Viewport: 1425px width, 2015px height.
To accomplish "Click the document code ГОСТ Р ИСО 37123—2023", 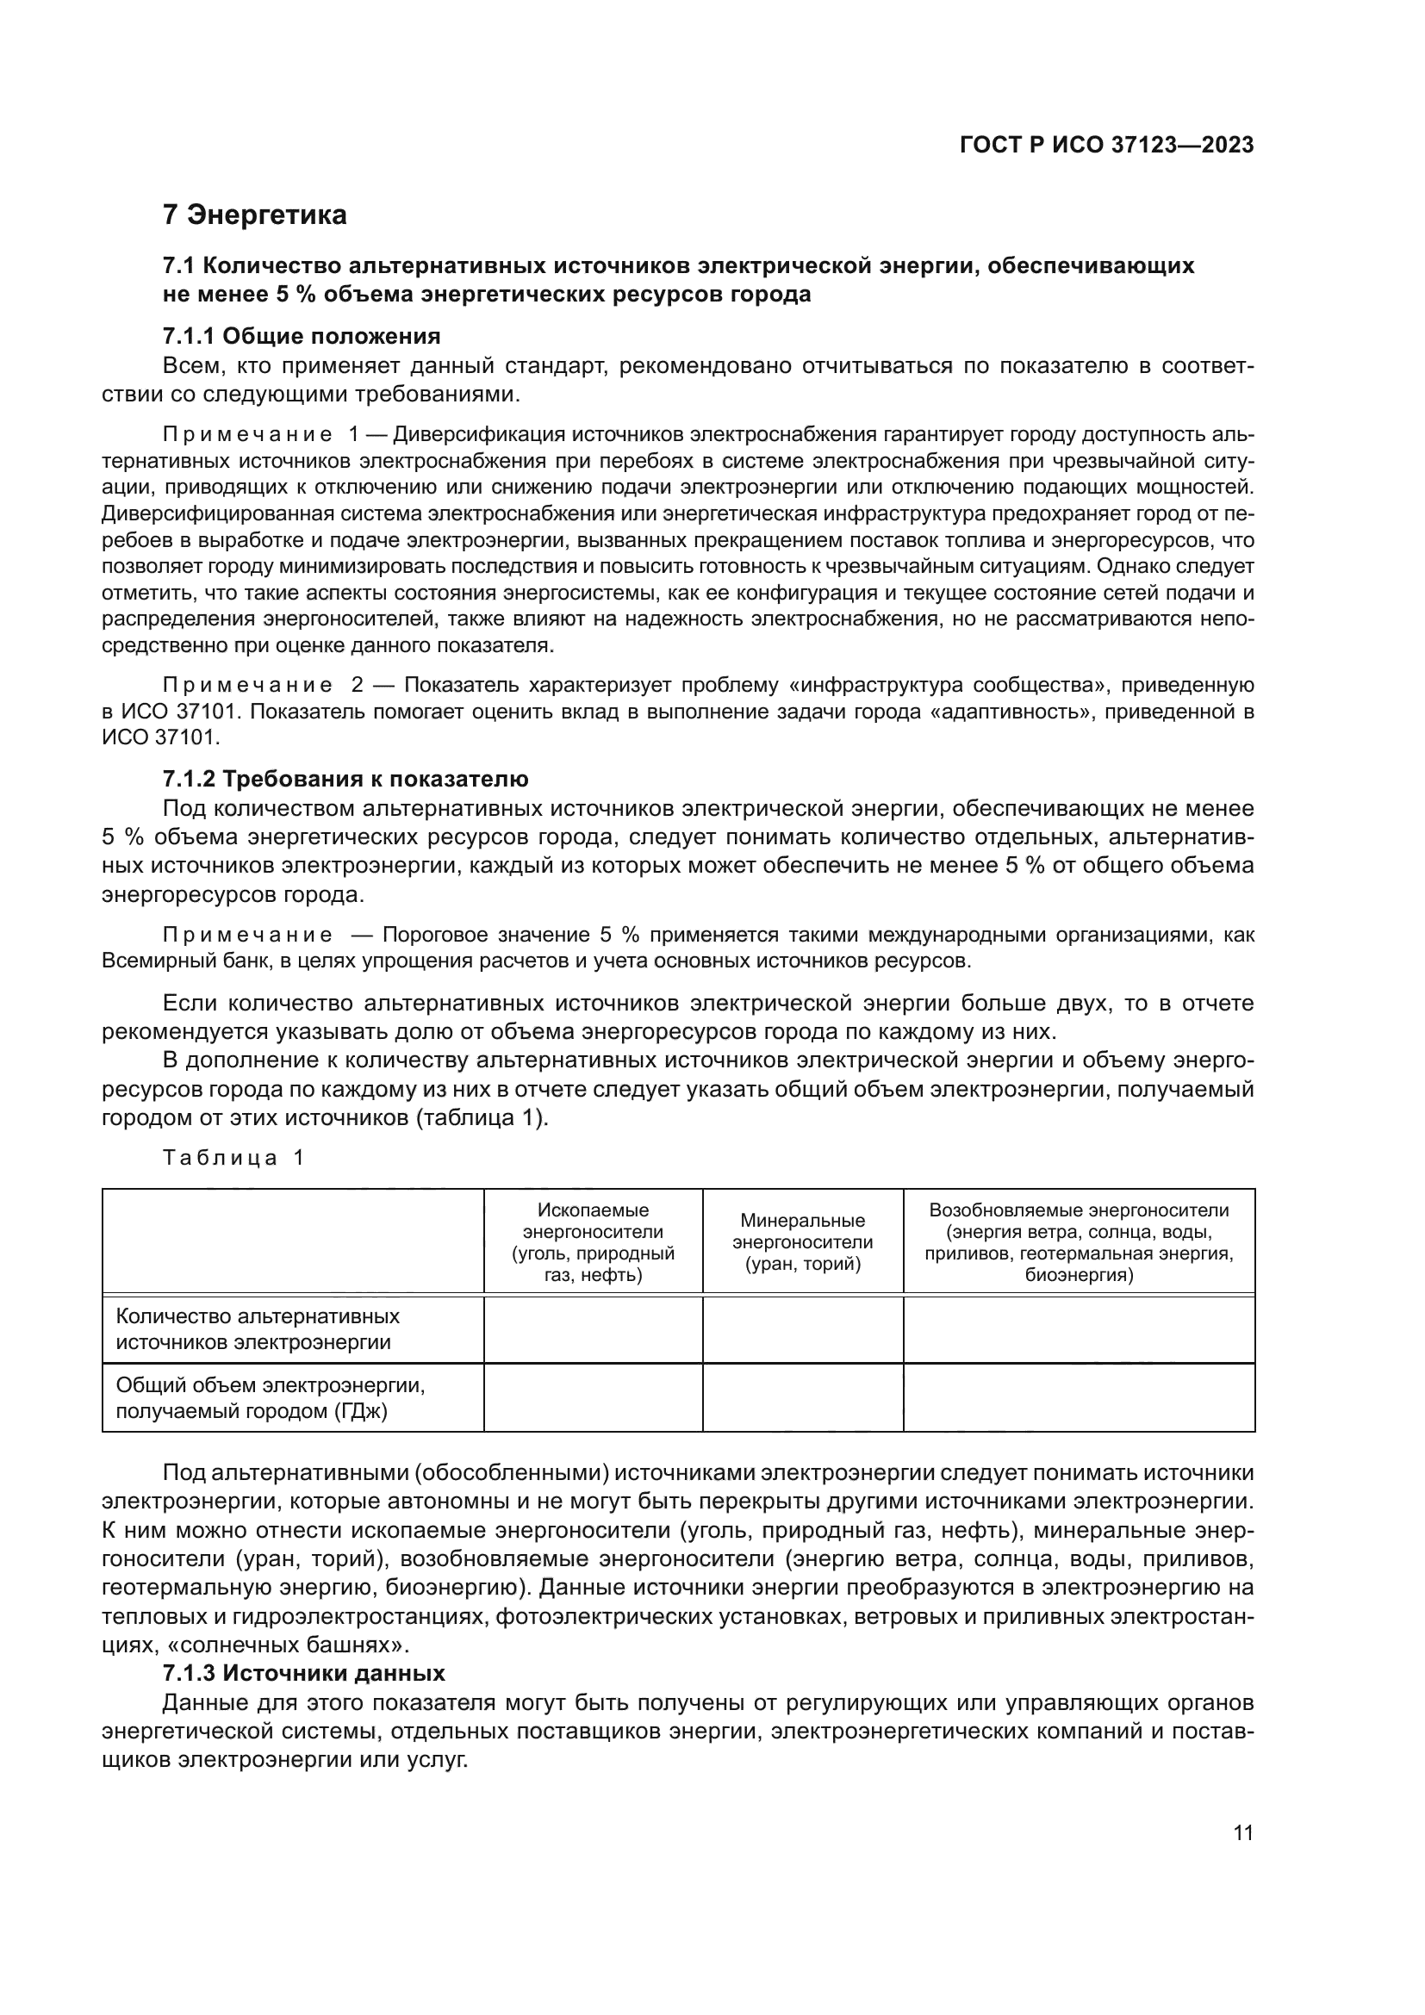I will [1106, 146].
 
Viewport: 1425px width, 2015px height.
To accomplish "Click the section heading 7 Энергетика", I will [254, 215].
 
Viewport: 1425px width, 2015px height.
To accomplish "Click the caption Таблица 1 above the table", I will [233, 1158].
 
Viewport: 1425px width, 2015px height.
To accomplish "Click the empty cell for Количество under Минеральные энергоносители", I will [802, 1328].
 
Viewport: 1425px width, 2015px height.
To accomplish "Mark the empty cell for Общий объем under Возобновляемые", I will [1079, 1397].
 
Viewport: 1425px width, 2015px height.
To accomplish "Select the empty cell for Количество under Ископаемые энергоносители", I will [592, 1328].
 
